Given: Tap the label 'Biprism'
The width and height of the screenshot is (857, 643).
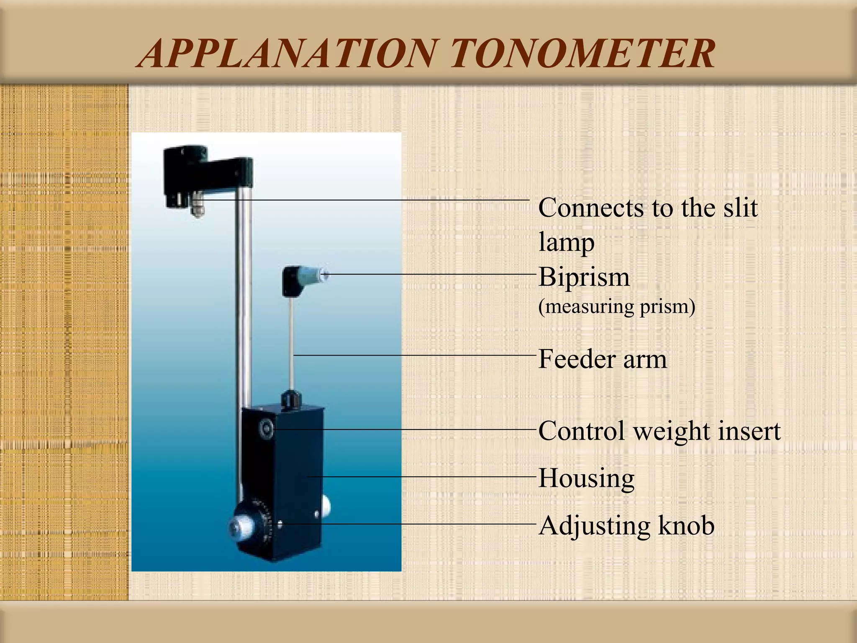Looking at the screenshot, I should (x=584, y=277).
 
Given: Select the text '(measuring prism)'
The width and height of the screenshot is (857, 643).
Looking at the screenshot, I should (x=616, y=306).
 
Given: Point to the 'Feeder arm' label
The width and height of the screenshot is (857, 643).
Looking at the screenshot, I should (x=602, y=359).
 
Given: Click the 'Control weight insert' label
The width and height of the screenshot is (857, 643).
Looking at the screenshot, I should (x=659, y=431).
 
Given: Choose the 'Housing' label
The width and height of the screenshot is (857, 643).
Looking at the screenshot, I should (x=586, y=478).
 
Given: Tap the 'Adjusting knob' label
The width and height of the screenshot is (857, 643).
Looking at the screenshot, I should (x=626, y=525).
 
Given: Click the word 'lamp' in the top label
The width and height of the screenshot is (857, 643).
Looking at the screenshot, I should (x=566, y=242).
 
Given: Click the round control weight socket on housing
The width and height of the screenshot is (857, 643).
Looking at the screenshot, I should (x=266, y=428).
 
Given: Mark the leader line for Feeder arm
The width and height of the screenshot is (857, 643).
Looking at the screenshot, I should (x=414, y=355).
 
